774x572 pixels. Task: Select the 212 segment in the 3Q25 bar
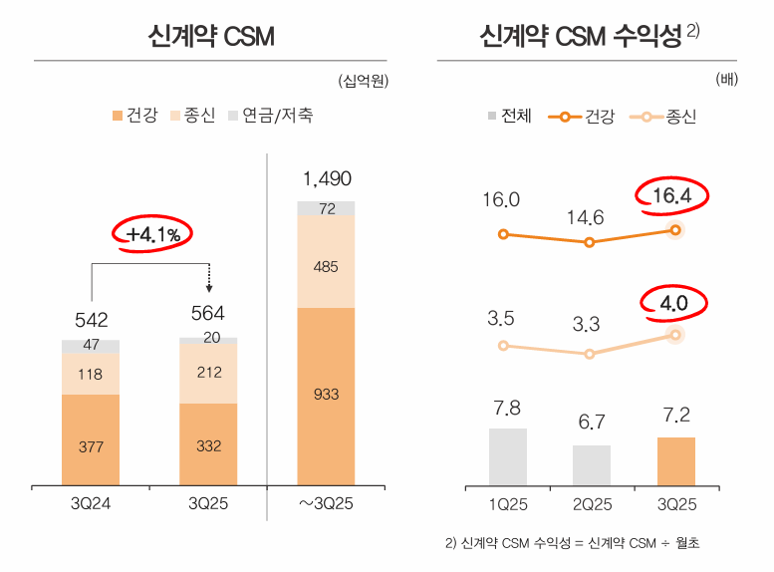click(x=208, y=374)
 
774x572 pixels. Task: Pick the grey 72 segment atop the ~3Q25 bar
click(x=326, y=209)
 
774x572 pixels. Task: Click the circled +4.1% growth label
click(x=153, y=235)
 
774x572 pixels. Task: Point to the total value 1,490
click(x=327, y=179)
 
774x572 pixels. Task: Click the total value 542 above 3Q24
click(x=91, y=320)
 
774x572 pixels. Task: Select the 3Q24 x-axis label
click(x=91, y=504)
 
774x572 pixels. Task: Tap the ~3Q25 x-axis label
click(x=326, y=504)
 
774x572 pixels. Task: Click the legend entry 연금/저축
click(x=271, y=116)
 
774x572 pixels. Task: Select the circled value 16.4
click(x=671, y=196)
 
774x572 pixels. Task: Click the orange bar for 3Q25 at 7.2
click(x=676, y=462)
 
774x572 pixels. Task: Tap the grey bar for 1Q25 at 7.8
click(x=507, y=457)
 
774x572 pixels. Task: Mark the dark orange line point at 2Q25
click(x=590, y=242)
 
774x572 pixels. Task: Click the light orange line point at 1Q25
click(x=503, y=346)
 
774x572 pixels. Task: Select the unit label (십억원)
click(x=363, y=80)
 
